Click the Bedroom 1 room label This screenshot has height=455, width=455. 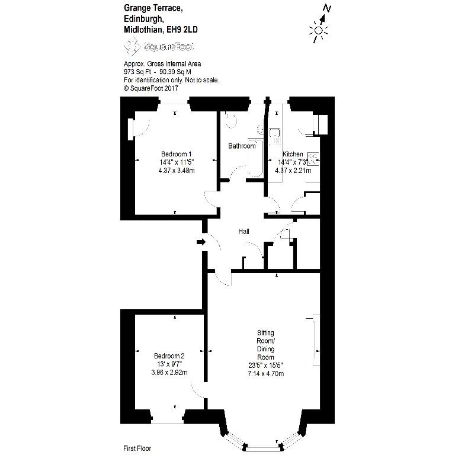[x=176, y=154]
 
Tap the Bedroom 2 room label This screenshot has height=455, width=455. [x=169, y=355]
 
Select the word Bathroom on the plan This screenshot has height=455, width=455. [x=242, y=146]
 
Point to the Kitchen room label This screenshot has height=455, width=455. [x=293, y=154]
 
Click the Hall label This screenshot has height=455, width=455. [x=243, y=231]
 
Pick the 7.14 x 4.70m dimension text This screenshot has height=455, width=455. [x=266, y=373]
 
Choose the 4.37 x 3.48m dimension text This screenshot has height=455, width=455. [x=177, y=171]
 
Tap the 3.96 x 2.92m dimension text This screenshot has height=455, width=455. [x=169, y=372]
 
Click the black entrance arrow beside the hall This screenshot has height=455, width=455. [x=201, y=242]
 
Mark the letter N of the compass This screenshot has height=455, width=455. [x=327, y=8]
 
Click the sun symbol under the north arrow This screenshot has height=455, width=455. [x=318, y=31]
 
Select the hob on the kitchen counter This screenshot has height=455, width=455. [x=313, y=159]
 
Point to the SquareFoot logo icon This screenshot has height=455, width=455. [x=132, y=46]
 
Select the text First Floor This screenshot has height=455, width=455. [x=137, y=448]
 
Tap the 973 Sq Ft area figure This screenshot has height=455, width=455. [x=137, y=72]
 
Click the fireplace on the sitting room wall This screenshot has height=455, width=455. [x=316, y=341]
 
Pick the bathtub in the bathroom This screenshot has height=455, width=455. [x=256, y=158]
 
